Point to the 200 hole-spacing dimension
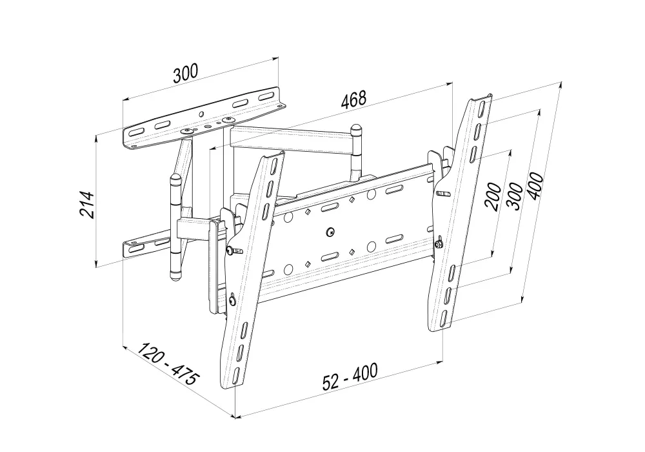pos(493,196)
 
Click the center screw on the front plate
pos(330,232)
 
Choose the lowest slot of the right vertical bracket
pos(445,316)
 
